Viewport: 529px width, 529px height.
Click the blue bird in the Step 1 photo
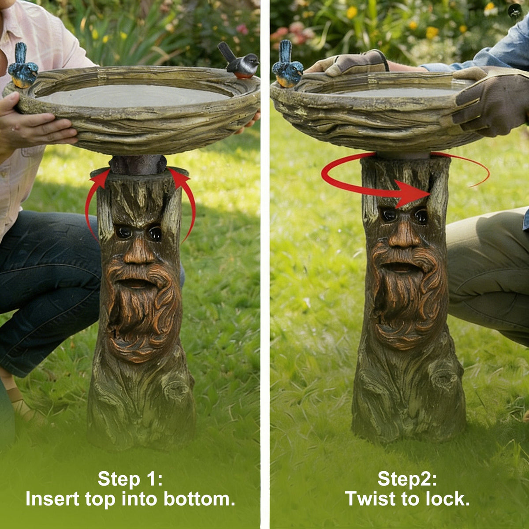click(22, 67)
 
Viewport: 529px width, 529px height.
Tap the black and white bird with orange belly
click(240, 62)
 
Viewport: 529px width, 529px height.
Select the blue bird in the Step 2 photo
click(287, 66)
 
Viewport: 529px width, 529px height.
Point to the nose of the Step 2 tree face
click(404, 234)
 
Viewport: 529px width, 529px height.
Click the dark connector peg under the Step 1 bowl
click(138, 164)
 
